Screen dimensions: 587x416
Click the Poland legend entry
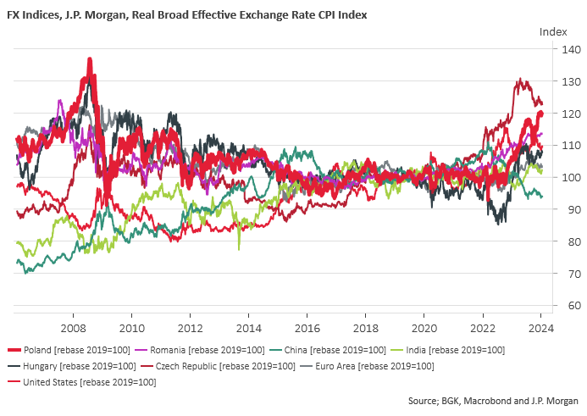(69, 350)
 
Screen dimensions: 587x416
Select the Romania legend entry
(200, 350)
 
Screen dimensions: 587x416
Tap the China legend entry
(327, 350)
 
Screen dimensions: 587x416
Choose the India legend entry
(447, 350)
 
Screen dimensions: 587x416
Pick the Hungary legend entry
(72, 366)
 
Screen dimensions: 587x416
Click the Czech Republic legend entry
(218, 366)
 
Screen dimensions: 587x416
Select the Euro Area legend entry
(367, 366)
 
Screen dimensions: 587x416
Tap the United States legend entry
(82, 382)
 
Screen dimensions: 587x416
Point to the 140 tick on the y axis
(571, 49)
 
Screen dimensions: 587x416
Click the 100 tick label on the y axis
(571, 177)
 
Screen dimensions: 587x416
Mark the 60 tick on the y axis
(574, 305)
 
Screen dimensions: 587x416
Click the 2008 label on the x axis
(74, 329)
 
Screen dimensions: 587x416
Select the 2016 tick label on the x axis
(307, 329)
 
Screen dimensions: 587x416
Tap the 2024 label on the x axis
(541, 329)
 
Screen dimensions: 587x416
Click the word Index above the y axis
(553, 32)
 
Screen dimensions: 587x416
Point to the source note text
(493, 401)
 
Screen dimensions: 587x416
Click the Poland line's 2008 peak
(90, 59)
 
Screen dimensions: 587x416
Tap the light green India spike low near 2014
(239, 249)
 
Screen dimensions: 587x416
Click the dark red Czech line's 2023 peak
(520, 79)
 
